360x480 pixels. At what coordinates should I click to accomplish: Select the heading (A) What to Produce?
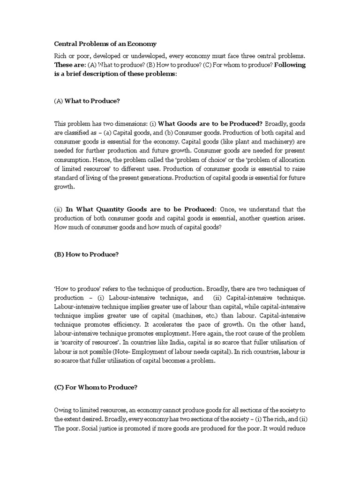click(x=87, y=100)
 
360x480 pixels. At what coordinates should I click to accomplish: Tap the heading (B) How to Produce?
click(x=87, y=254)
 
